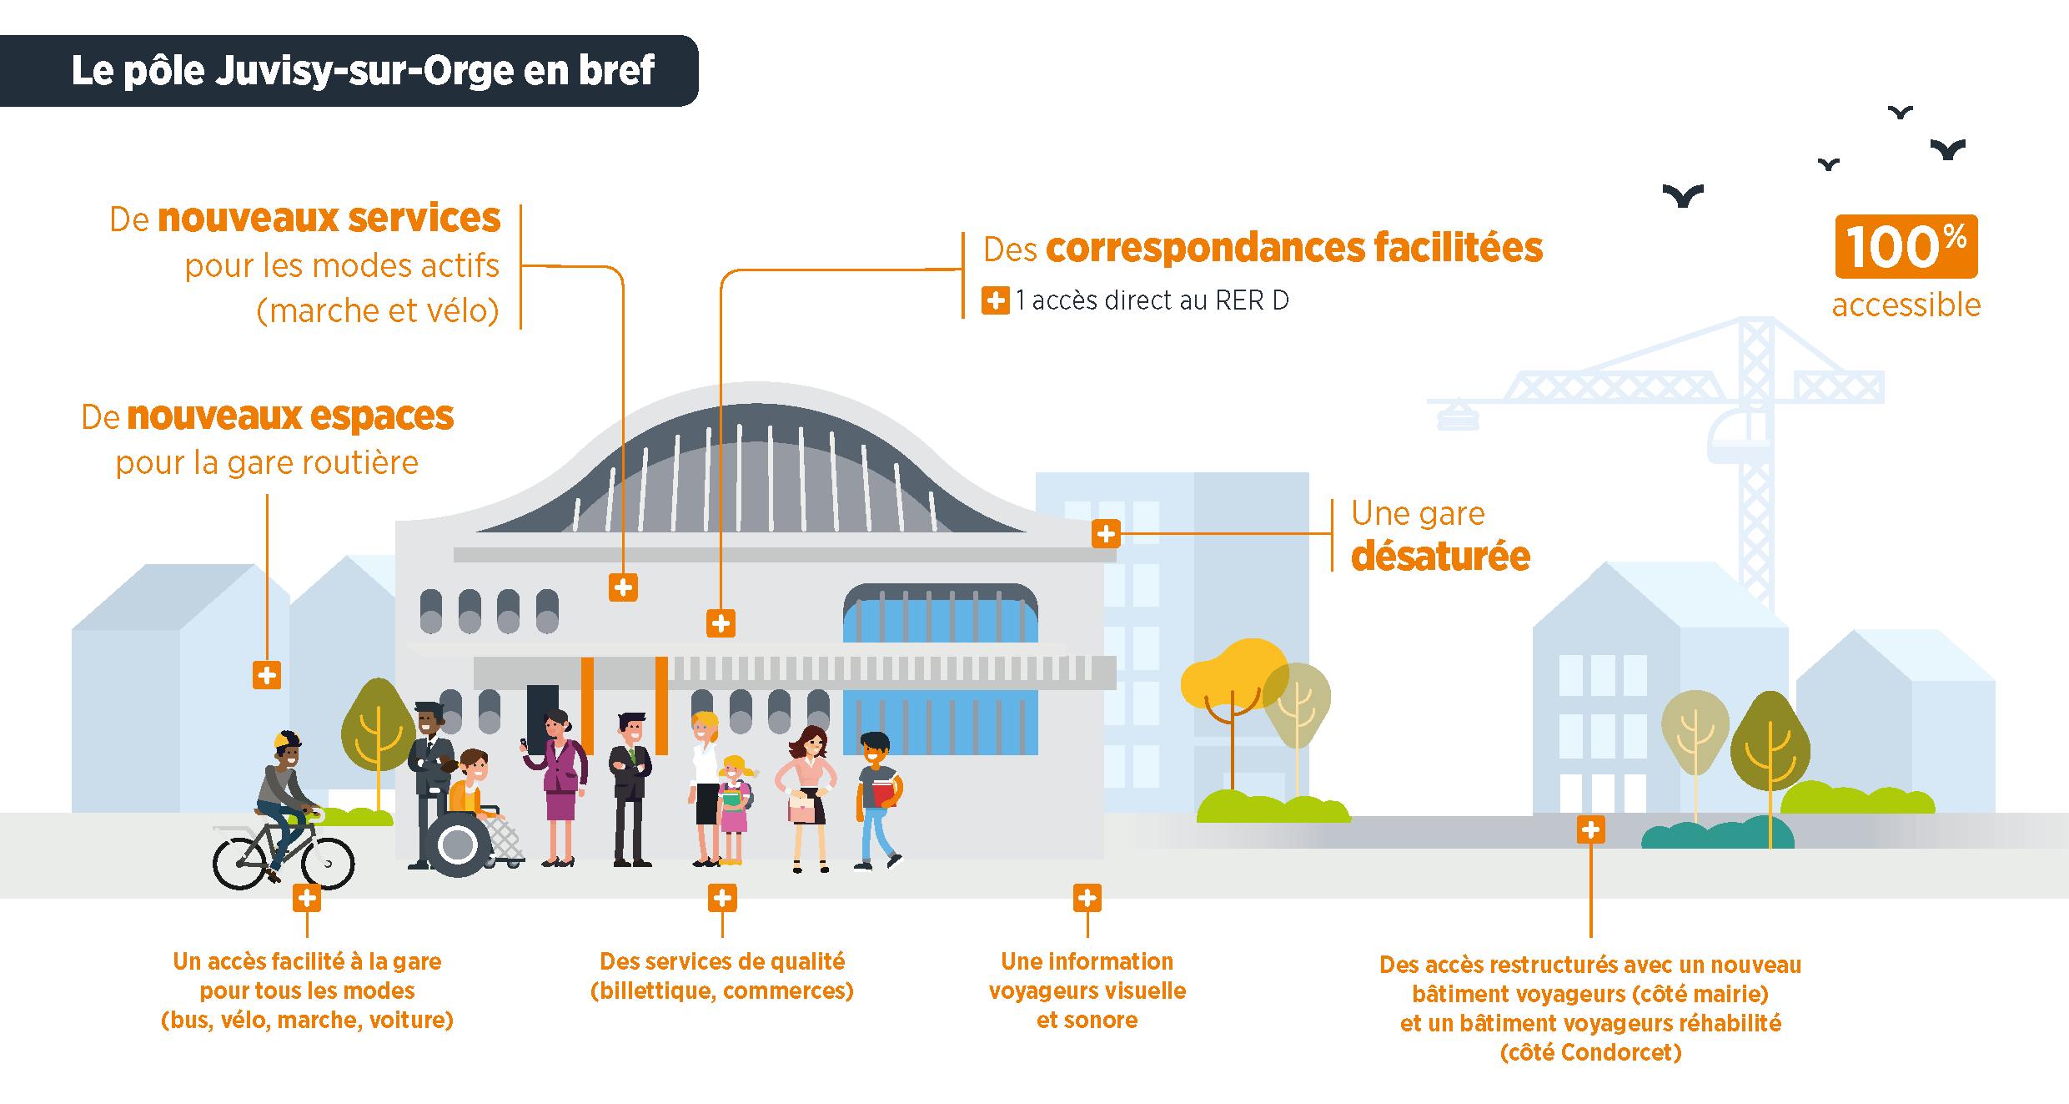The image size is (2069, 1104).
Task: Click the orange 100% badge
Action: (x=1906, y=247)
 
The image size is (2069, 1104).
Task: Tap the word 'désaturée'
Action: (x=1440, y=557)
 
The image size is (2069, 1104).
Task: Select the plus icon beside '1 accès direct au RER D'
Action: (x=995, y=300)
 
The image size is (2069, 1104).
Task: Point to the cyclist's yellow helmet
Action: (x=286, y=740)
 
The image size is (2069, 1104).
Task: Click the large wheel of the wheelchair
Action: (x=457, y=845)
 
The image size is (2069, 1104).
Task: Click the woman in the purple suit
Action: (x=558, y=784)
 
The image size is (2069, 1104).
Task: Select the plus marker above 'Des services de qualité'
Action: (x=722, y=898)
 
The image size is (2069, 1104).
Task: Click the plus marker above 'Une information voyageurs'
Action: (x=1087, y=898)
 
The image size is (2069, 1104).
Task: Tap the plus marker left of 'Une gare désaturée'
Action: (x=1106, y=534)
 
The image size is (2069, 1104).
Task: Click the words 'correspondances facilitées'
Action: (x=1293, y=249)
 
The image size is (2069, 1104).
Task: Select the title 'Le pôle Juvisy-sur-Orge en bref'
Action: (x=363, y=71)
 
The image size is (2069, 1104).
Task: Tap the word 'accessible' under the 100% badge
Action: (x=1906, y=305)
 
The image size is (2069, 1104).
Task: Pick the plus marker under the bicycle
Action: (x=307, y=898)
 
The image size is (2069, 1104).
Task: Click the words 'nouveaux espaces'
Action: (x=289, y=416)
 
